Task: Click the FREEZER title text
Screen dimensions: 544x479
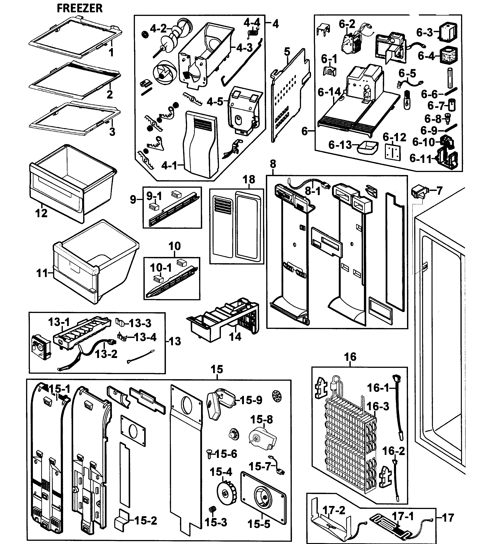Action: [x=80, y=8]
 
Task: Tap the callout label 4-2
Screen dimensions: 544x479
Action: [x=158, y=28]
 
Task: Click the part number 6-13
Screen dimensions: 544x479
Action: [x=340, y=145]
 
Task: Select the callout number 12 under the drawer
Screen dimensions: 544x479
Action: [x=41, y=213]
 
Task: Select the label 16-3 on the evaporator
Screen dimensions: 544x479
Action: [x=378, y=406]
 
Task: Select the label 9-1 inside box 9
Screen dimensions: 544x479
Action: [x=154, y=196]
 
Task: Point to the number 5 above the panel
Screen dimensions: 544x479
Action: [x=287, y=52]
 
